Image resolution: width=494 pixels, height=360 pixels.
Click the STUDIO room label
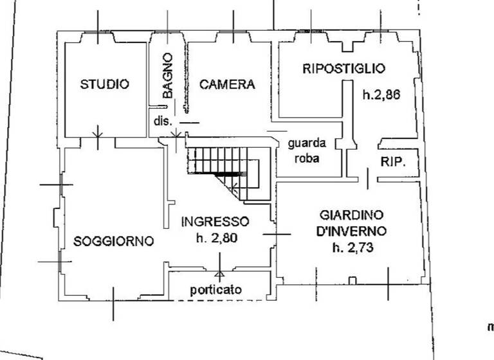click(x=104, y=84)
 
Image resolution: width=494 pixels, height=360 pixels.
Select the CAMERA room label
click(x=227, y=84)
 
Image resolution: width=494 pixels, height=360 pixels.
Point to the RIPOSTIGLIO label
click(x=343, y=69)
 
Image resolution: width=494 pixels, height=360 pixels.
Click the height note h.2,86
click(x=381, y=95)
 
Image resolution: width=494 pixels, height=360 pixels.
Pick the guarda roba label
click(x=307, y=150)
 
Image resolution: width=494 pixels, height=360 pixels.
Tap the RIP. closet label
click(x=392, y=162)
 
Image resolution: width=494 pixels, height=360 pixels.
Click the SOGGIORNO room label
click(x=113, y=242)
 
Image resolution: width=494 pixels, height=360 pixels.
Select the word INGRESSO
click(x=215, y=222)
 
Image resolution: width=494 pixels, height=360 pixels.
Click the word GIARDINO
click(x=351, y=215)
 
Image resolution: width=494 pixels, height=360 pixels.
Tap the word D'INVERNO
click(x=351, y=231)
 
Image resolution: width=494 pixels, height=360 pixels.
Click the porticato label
click(x=216, y=290)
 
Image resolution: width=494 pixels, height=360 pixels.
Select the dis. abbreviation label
click(x=160, y=120)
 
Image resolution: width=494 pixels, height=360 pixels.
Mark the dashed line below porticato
click(x=219, y=300)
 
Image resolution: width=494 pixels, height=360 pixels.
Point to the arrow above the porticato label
click(x=220, y=273)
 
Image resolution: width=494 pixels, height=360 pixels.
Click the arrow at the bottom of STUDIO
click(x=97, y=134)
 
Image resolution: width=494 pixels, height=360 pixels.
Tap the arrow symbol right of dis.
click(x=176, y=134)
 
